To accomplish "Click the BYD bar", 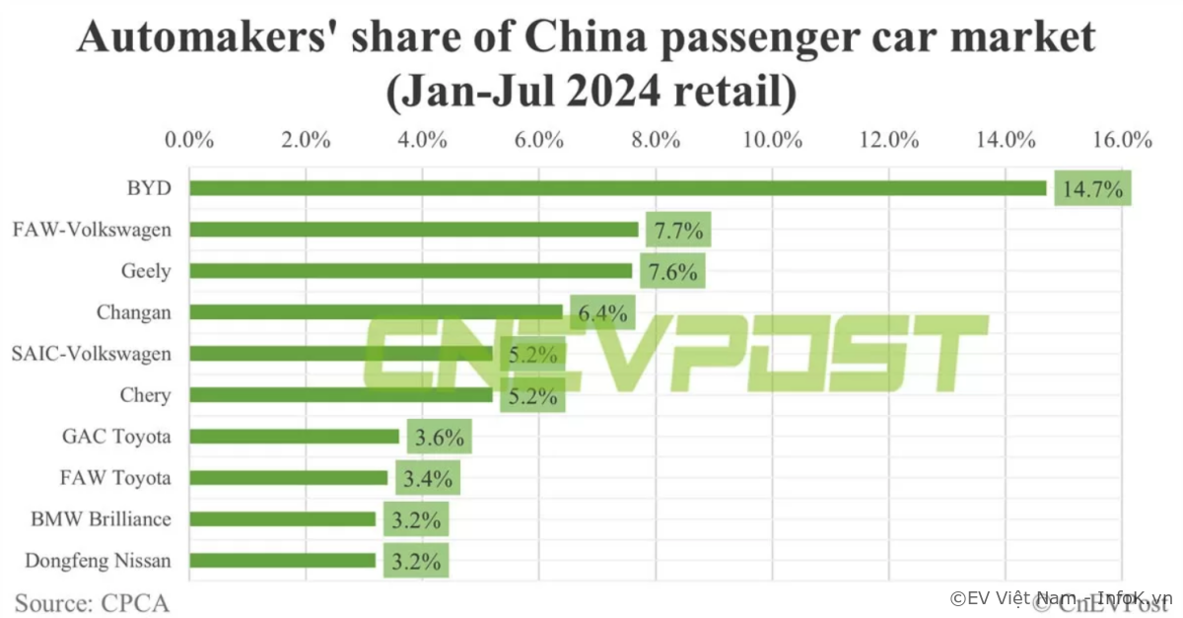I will coord(617,188).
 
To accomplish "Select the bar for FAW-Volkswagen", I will coord(414,230).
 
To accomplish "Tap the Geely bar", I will coord(410,271).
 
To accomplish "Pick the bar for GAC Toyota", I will coord(294,437).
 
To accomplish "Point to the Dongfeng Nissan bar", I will coord(282,561).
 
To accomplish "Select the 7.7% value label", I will coord(677,232).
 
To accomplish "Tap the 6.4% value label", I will coord(602,314).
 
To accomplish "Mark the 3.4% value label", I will coord(427,480).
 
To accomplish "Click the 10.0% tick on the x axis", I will coord(772,139).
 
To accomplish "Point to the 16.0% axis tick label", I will coord(1122,139).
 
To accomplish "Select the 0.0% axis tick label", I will coord(189,139).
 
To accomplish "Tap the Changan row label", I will coord(134,312).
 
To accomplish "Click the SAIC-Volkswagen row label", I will coord(91,354).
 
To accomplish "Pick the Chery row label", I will coord(146,395).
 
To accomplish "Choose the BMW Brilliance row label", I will coord(101,519).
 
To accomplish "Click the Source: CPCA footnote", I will coord(92,600).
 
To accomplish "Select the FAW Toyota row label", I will coord(115,478).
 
